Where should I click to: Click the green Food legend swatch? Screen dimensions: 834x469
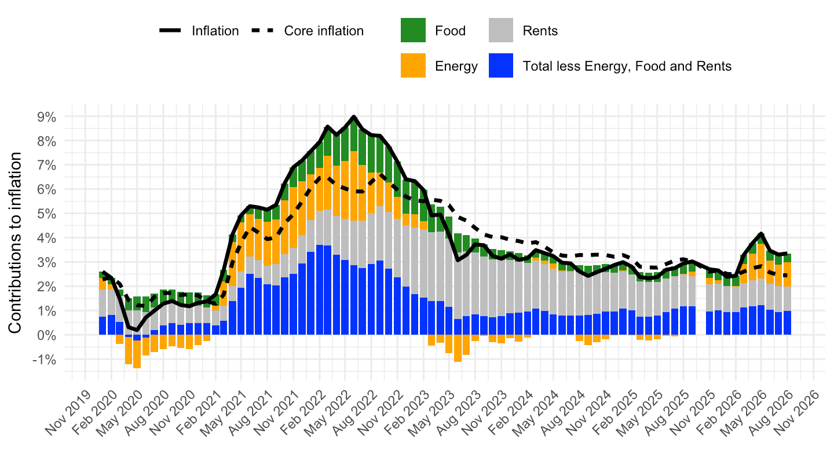point(413,30)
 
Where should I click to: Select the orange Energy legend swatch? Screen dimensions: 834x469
point(413,65)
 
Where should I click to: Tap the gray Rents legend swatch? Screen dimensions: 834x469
point(501,30)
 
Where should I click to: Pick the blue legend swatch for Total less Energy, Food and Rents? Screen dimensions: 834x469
point(501,65)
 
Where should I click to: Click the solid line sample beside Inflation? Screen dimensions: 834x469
point(170,31)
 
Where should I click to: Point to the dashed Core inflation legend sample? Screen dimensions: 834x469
point(262,31)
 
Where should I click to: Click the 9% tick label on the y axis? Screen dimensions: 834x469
point(46,117)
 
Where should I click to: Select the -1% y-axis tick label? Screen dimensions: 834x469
point(44,360)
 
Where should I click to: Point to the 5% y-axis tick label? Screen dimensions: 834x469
point(46,214)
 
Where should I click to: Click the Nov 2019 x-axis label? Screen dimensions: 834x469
point(68,413)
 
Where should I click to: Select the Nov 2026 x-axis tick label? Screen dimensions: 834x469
point(797,413)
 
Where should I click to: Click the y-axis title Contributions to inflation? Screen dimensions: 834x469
point(15,243)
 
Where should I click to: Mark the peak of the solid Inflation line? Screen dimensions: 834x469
point(354,116)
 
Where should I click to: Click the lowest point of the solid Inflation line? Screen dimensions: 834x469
point(137,330)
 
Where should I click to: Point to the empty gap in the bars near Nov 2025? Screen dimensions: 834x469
point(701,298)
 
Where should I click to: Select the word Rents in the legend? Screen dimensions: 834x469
point(540,31)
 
